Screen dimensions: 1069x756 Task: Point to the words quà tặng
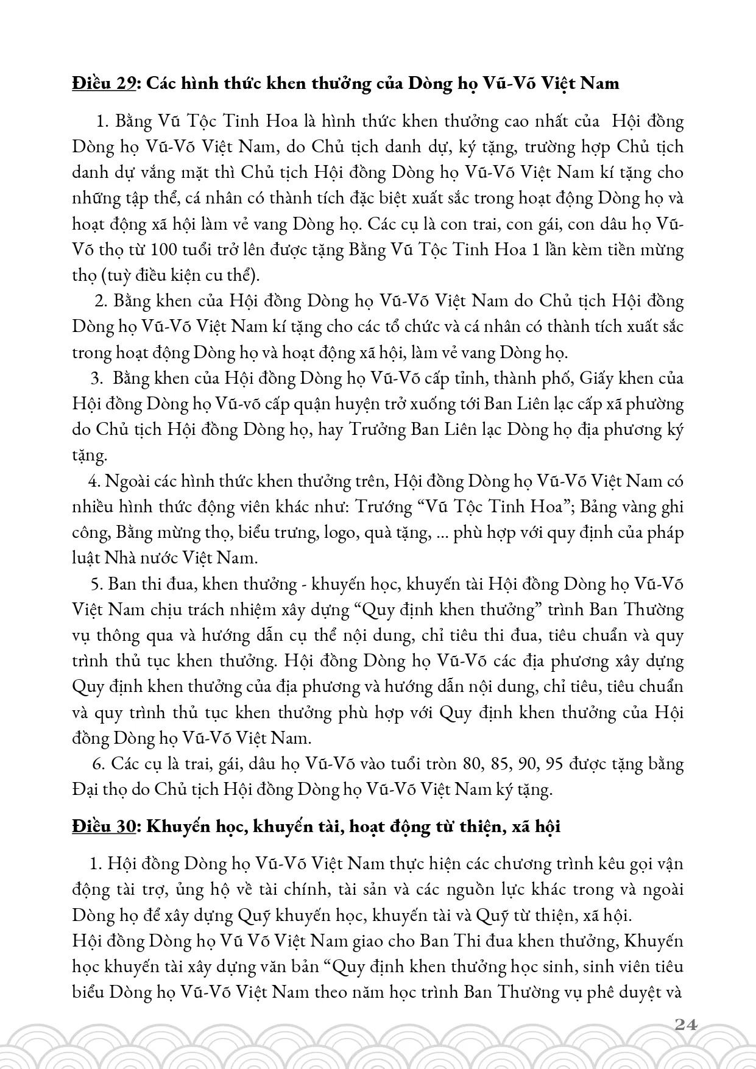pos(395,532)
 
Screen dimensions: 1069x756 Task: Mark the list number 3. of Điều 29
pos(96,378)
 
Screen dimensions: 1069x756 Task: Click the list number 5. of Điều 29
pos(96,584)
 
